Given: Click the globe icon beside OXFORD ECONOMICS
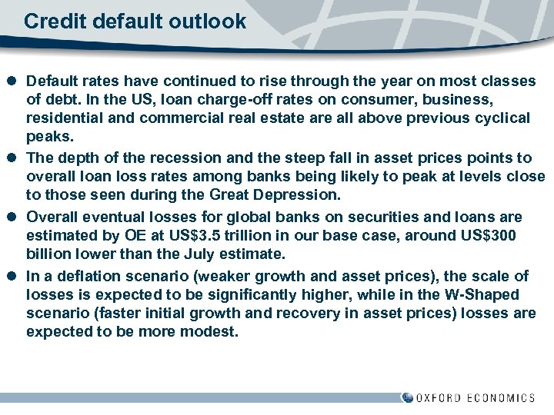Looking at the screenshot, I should (x=407, y=397).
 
